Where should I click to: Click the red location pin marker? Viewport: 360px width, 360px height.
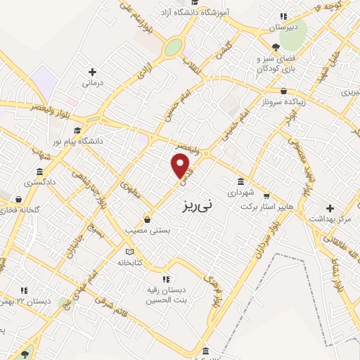point(181,166)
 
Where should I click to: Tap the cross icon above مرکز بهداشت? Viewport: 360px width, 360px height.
point(330,207)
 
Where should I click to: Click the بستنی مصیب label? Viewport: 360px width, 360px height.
point(145,230)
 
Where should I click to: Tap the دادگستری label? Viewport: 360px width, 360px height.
point(39,183)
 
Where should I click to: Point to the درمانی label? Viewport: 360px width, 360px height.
point(93,83)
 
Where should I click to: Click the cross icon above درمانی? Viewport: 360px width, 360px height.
point(92,72)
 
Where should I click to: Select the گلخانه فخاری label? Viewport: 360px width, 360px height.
point(23,210)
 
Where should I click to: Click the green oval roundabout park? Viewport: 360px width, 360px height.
point(172,47)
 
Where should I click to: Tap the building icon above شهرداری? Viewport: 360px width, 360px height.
point(241,181)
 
